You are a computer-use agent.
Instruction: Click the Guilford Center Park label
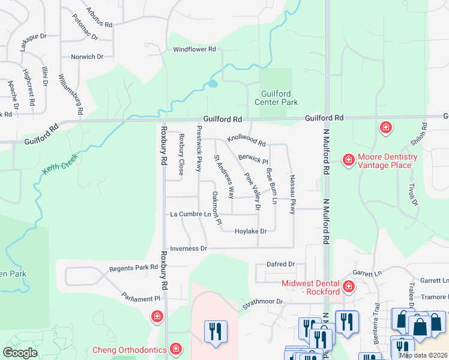[280, 98]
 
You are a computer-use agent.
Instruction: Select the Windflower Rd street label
[194, 50]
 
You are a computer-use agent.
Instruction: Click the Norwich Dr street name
[87, 57]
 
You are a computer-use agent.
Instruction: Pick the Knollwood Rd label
[246, 141]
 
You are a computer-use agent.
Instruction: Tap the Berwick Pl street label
[253, 159]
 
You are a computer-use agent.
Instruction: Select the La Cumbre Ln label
[191, 214]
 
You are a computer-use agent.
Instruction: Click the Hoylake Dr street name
[250, 231]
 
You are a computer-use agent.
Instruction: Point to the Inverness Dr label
[188, 248]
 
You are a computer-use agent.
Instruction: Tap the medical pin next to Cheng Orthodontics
[176, 348]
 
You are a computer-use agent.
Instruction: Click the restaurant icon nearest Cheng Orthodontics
[215, 331]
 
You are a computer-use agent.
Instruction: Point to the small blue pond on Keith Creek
[213, 84]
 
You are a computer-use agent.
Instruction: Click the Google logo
[20, 353]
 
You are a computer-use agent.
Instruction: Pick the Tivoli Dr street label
[414, 193]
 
